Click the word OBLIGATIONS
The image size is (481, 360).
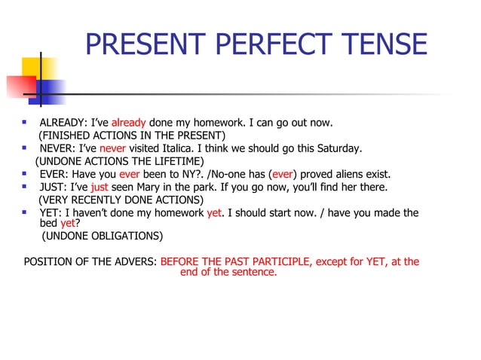pyautogui.click(x=120, y=236)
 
